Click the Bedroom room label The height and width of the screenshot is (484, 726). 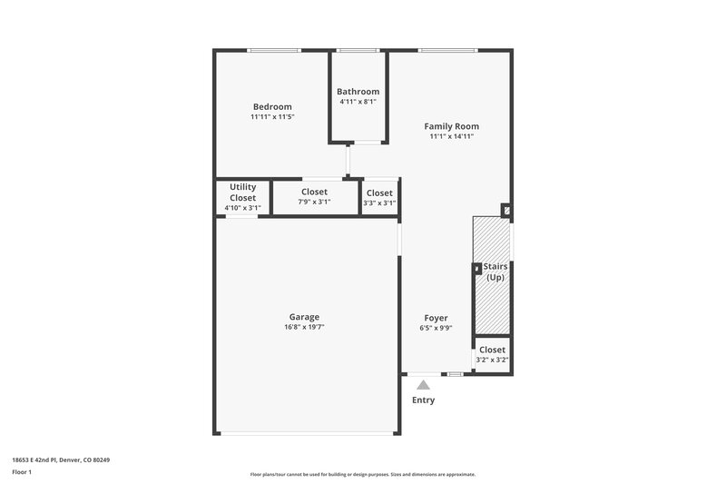click(272, 107)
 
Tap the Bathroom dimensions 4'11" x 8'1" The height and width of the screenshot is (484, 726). click(358, 103)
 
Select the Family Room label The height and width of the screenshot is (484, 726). click(452, 126)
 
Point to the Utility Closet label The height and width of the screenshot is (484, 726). click(242, 193)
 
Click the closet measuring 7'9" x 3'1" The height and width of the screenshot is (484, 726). click(315, 196)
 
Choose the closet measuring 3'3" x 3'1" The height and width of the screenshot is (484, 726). click(379, 197)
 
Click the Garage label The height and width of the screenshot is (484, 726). click(304, 317)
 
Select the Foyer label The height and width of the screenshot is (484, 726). click(436, 318)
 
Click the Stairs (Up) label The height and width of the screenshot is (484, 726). click(495, 272)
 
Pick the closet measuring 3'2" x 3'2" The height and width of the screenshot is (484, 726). click(492, 354)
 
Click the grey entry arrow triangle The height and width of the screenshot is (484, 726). click(423, 385)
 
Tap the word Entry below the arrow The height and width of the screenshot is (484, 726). click(423, 400)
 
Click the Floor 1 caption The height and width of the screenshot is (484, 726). click(22, 473)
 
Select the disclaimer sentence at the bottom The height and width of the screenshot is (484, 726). click(363, 474)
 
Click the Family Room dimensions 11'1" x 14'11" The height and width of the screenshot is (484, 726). click(452, 136)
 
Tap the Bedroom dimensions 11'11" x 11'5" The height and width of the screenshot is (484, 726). click(272, 117)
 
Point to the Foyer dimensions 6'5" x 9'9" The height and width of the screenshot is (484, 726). click(437, 328)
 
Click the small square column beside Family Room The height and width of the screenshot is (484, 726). click(506, 211)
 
